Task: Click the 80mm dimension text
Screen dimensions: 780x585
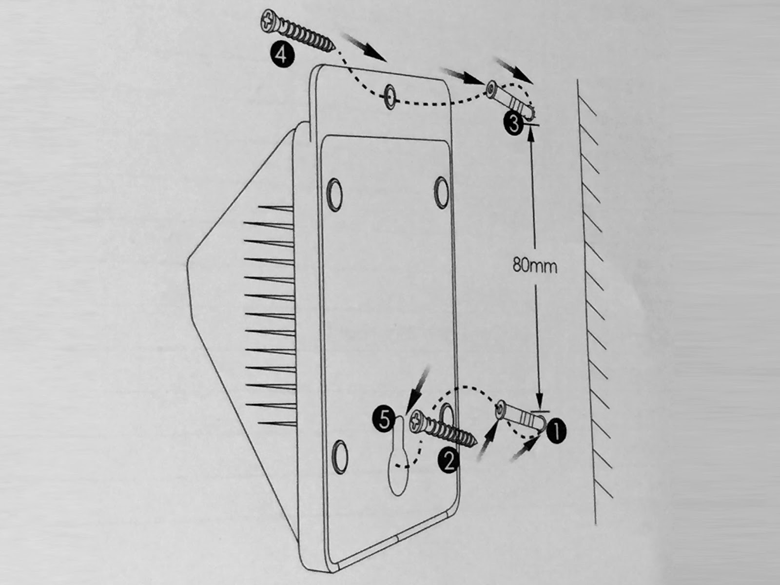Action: click(534, 266)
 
